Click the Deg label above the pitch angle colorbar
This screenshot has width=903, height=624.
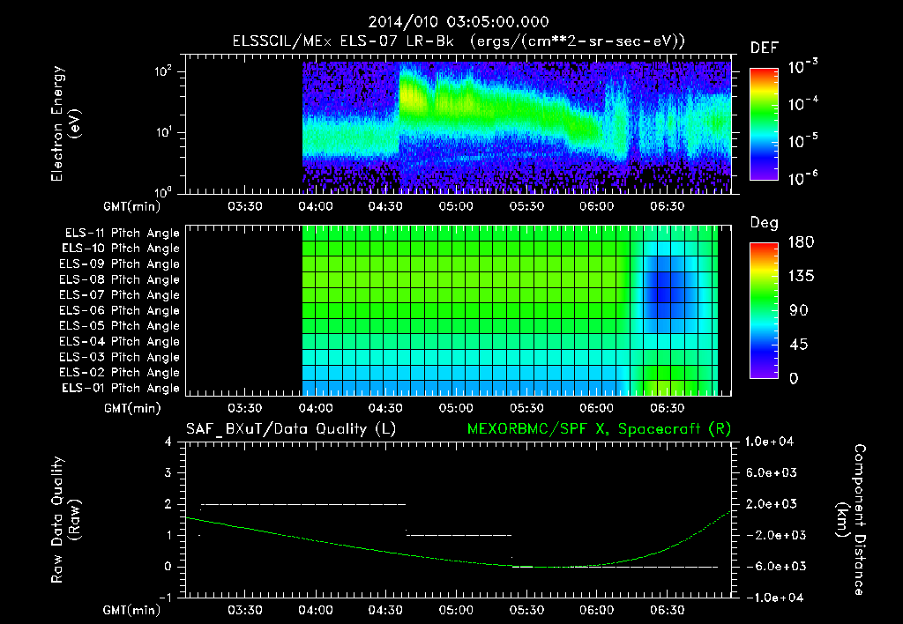point(764,223)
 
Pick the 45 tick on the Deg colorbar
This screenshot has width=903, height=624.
point(796,345)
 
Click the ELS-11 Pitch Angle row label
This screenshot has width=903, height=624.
point(120,234)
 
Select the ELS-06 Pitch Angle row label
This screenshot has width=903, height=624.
point(120,310)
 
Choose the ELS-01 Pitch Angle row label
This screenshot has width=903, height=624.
point(120,389)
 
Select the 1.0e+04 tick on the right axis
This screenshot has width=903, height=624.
point(771,442)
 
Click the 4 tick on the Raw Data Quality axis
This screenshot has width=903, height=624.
point(169,442)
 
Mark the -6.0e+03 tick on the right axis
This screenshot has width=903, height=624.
point(771,566)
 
